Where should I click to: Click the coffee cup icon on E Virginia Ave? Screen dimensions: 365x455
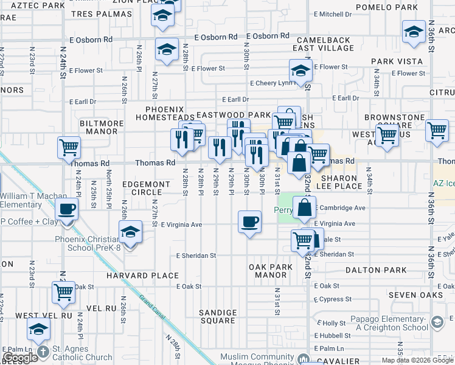(249, 222)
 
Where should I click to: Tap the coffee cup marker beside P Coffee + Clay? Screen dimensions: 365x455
(66, 210)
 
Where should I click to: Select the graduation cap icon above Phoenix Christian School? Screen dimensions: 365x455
(130, 232)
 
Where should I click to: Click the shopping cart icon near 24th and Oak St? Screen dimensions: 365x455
(64, 293)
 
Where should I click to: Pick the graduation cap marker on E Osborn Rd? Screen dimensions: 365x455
(166, 50)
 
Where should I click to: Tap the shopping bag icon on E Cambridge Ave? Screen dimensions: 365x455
(304, 207)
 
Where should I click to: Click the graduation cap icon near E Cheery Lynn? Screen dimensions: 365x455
(300, 71)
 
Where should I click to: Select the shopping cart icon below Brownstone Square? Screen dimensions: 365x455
(387, 136)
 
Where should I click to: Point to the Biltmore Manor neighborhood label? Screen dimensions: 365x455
(102, 127)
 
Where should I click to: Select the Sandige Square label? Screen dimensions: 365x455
(218, 316)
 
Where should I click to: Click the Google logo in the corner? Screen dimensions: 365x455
(20, 358)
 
